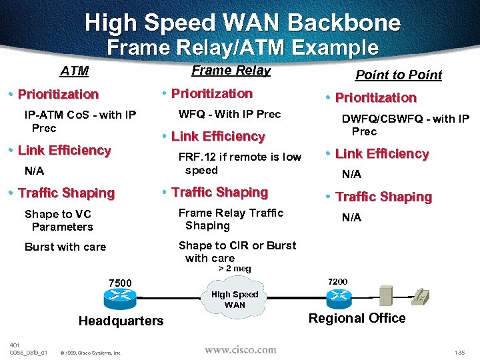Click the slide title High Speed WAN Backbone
(243, 23)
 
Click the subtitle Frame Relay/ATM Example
(243, 48)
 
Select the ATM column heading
(74, 71)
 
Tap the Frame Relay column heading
(231, 70)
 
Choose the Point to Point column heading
(399, 75)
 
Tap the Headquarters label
(121, 321)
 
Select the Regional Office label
(357, 318)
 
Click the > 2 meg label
(235, 269)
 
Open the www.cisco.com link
(240, 349)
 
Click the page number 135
(459, 351)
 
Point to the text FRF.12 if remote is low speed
(239, 163)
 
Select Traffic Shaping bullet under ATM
(66, 193)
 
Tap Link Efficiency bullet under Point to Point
(381, 154)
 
